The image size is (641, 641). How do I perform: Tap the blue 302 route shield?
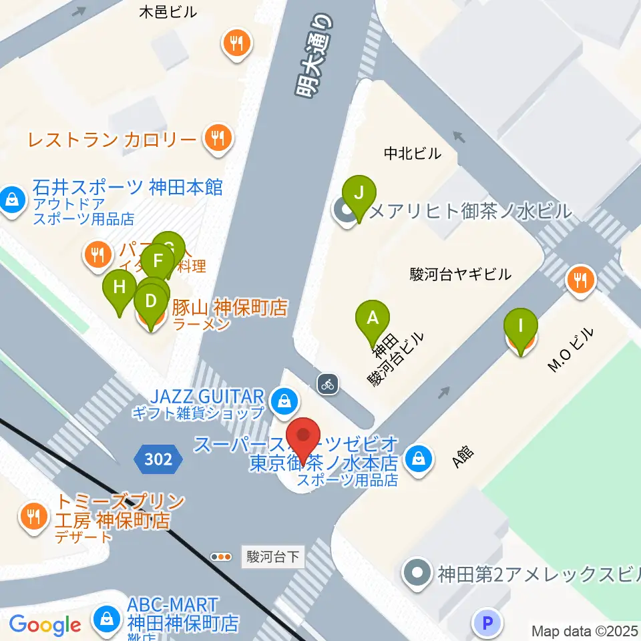click(x=158, y=459)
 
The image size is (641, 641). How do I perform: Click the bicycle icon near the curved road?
click(x=327, y=384)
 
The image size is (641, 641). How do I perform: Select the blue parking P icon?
click(x=487, y=624)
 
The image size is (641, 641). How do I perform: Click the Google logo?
click(x=45, y=625)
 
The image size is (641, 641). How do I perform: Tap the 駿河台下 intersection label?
click(x=272, y=556)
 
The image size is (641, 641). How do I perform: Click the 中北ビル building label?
click(x=412, y=154)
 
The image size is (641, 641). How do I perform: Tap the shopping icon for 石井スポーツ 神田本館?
click(x=11, y=198)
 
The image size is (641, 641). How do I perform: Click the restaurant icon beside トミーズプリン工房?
click(x=32, y=515)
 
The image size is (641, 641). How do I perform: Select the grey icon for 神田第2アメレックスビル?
click(x=418, y=573)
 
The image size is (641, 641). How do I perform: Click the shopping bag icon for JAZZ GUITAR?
click(x=284, y=401)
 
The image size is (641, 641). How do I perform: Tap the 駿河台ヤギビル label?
click(x=460, y=274)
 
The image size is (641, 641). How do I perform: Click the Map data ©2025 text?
click(x=584, y=631)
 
